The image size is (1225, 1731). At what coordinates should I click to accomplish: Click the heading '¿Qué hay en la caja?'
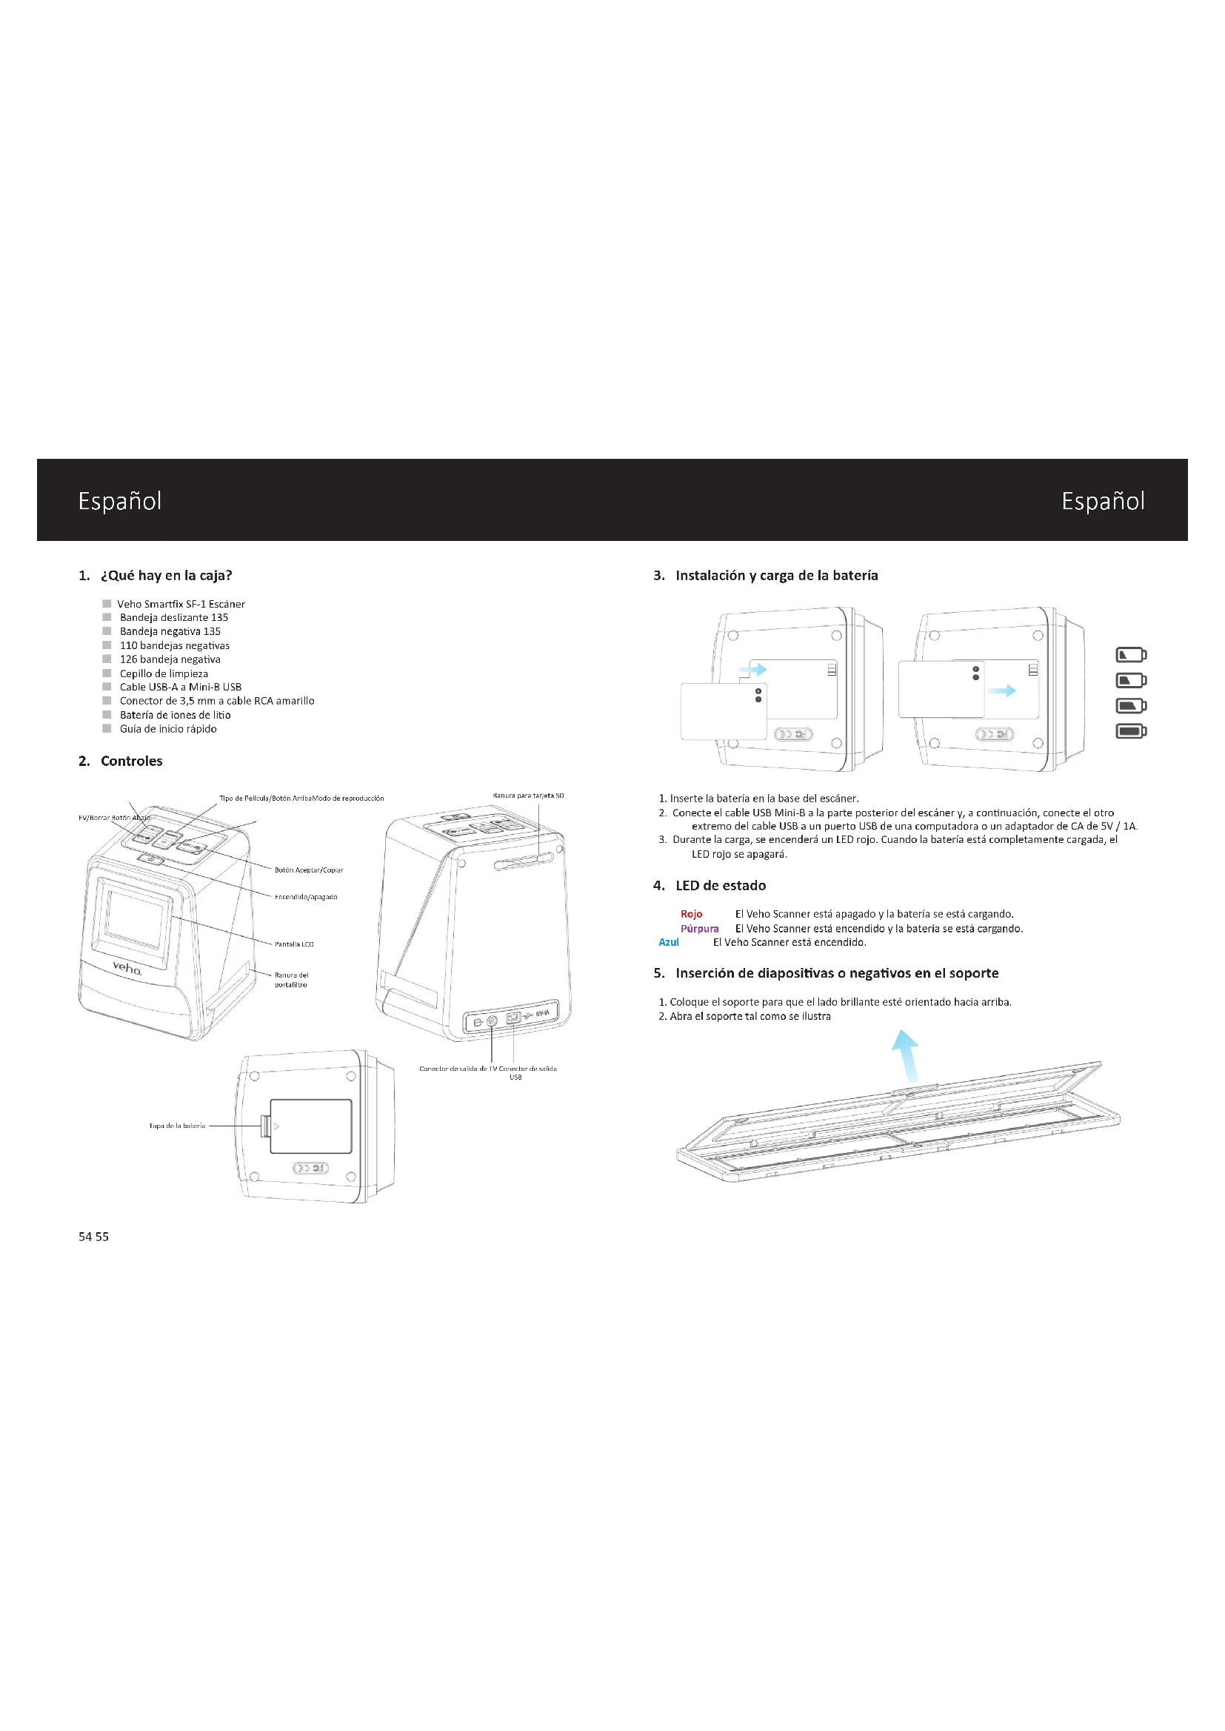click(x=166, y=575)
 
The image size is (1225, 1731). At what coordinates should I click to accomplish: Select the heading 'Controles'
click(x=131, y=761)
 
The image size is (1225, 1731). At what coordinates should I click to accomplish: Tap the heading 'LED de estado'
click(x=721, y=885)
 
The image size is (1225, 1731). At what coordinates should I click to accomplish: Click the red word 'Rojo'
click(x=691, y=914)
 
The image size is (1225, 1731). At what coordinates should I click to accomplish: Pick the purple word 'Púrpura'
click(x=699, y=928)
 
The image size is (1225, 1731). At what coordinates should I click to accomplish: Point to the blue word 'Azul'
click(x=668, y=941)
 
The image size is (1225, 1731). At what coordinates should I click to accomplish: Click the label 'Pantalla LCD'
click(x=294, y=944)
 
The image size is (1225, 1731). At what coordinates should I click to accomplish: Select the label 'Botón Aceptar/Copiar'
click(x=309, y=870)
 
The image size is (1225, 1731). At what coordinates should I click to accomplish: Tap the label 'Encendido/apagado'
click(x=305, y=897)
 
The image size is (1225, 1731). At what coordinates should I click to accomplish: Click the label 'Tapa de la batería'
click(x=177, y=1126)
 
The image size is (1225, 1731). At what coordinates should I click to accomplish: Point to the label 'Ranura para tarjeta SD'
click(x=528, y=796)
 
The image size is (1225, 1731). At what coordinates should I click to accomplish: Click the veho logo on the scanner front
click(x=127, y=968)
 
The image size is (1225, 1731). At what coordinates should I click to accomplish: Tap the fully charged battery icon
click(x=1131, y=730)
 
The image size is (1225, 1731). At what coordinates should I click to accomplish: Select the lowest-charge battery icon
click(x=1131, y=654)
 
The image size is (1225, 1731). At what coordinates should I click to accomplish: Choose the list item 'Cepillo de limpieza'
click(x=164, y=673)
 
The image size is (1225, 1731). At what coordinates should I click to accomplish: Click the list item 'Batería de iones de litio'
click(x=175, y=715)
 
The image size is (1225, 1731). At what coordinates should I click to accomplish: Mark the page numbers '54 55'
click(x=93, y=1237)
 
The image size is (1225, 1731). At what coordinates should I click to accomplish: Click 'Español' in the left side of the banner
click(x=120, y=501)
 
